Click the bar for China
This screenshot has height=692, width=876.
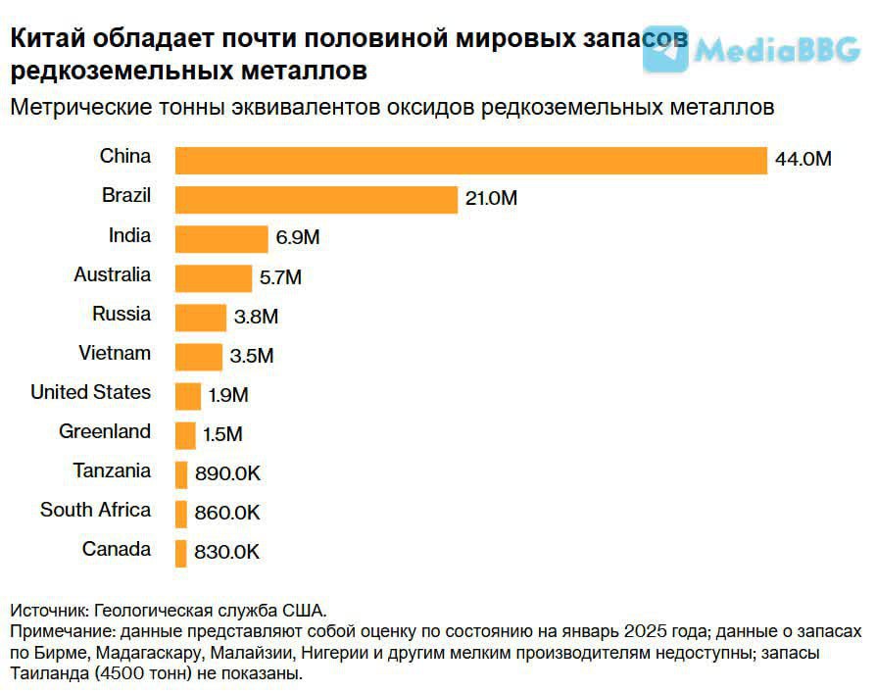(x=470, y=160)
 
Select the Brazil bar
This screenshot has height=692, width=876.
(x=316, y=199)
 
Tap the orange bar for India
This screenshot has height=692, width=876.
(x=221, y=238)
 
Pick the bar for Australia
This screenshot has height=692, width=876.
(x=214, y=277)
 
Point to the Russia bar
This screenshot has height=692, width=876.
(x=201, y=317)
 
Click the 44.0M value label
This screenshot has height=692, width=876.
(x=803, y=160)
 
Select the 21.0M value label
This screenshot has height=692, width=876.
(x=491, y=199)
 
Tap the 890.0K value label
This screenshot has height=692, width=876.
(x=227, y=474)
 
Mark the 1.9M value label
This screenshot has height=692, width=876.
(x=228, y=396)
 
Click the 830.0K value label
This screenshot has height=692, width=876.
(x=227, y=553)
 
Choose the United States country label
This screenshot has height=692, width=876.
(x=91, y=392)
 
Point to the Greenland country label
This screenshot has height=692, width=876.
(x=105, y=431)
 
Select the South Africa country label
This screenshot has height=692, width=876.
(x=96, y=510)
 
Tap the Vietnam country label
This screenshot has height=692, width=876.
(x=115, y=353)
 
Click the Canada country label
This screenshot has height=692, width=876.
(x=117, y=549)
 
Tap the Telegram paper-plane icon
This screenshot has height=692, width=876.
(x=665, y=49)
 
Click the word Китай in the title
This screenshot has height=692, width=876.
(x=46, y=39)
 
